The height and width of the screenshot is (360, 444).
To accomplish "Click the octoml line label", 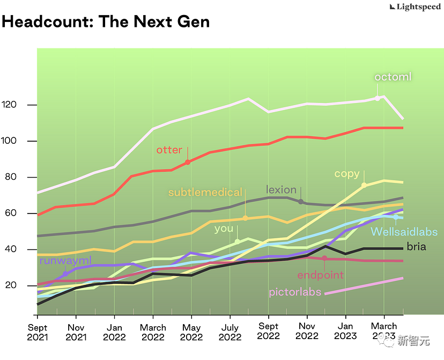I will [393, 77].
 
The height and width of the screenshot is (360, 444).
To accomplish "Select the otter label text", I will [169, 150].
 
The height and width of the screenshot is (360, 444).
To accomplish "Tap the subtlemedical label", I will [205, 193].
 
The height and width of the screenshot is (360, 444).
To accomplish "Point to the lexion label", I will [281, 190].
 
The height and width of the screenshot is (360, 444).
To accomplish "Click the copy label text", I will [347, 174].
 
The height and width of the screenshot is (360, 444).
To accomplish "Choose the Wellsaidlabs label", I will [404, 232].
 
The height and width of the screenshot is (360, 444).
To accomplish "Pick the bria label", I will [416, 247].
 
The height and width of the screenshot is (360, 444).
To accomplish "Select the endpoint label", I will [320, 275].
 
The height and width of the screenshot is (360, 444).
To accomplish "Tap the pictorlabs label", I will [295, 292].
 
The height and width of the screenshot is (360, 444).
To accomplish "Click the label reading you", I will [224, 229].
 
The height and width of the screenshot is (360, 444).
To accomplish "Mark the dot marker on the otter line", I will [187, 162].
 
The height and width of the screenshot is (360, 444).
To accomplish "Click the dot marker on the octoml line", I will [377, 98].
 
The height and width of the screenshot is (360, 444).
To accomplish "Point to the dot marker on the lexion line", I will [301, 202].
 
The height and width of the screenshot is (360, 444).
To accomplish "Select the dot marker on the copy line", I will [364, 185].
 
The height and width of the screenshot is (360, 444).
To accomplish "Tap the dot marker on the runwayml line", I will [65, 274].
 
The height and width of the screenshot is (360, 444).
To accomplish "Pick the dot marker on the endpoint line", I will [324, 258].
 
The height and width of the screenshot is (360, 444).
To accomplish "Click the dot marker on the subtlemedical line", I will [245, 218].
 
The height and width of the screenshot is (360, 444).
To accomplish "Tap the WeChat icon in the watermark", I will [384, 339].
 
